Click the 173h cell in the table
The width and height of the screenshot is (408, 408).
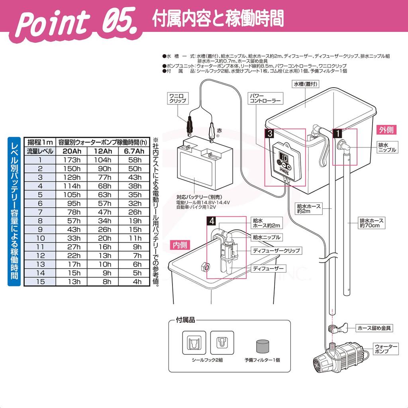73,160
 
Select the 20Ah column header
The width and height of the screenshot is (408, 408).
73,151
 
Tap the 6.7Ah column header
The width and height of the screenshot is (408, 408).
135,151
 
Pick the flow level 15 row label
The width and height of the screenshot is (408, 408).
40,281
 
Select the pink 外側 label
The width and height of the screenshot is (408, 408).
386,130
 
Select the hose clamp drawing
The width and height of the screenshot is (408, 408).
333,329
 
